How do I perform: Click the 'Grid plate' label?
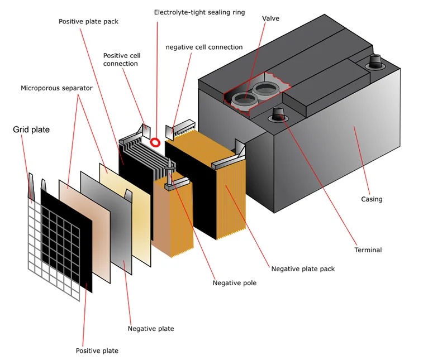coord(31,130)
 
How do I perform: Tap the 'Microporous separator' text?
coord(56,88)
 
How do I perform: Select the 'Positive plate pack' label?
coord(89,22)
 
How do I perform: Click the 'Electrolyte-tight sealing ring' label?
coord(199,12)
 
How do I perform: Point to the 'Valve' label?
coord(270,18)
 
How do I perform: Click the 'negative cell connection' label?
coord(204,47)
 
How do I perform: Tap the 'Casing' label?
coord(372,199)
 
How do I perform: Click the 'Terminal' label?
coord(368,249)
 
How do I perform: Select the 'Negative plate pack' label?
coord(303,268)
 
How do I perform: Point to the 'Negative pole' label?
coord(235,283)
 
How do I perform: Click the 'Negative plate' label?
coord(151,329)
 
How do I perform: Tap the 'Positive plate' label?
coord(97,351)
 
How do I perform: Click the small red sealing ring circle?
coord(155,143)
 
